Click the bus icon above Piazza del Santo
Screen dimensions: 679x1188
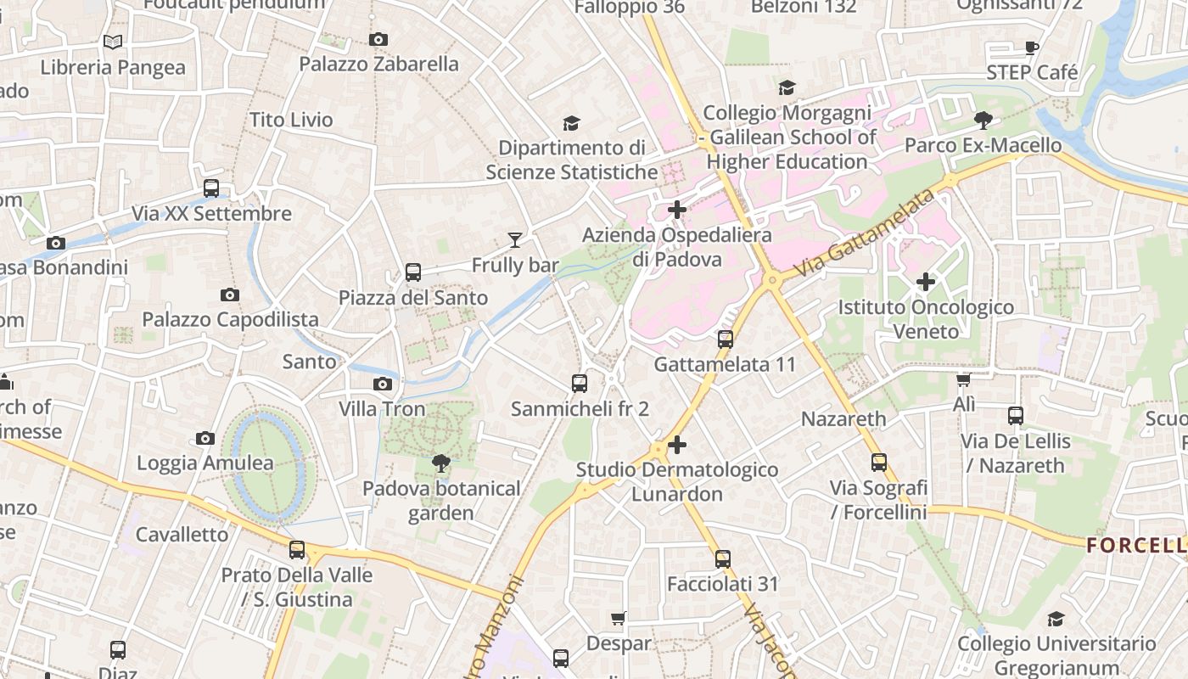(413, 272)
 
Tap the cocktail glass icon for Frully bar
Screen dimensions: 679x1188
(515, 240)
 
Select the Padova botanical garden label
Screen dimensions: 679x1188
(441, 501)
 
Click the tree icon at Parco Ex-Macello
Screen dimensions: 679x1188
(983, 121)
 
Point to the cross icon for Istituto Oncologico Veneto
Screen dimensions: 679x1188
(926, 281)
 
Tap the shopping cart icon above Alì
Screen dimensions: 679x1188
(963, 379)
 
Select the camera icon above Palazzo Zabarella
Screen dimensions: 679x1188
(378, 39)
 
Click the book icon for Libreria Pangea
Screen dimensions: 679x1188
(112, 42)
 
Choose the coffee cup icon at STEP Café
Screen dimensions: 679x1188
(1032, 48)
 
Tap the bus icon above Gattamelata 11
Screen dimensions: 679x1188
(726, 339)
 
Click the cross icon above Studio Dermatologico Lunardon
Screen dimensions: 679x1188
(677, 444)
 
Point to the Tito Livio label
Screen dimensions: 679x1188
(291, 120)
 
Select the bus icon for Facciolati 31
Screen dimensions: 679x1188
(722, 559)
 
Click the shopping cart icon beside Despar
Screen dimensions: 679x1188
(619, 619)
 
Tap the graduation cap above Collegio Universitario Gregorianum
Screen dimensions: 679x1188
(1056, 620)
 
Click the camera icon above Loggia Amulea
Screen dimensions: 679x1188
(205, 438)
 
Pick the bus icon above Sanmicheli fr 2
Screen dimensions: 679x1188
(580, 384)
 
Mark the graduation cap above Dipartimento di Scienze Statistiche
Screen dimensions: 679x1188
(571, 123)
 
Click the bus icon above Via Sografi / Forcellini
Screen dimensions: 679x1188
(879, 463)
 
